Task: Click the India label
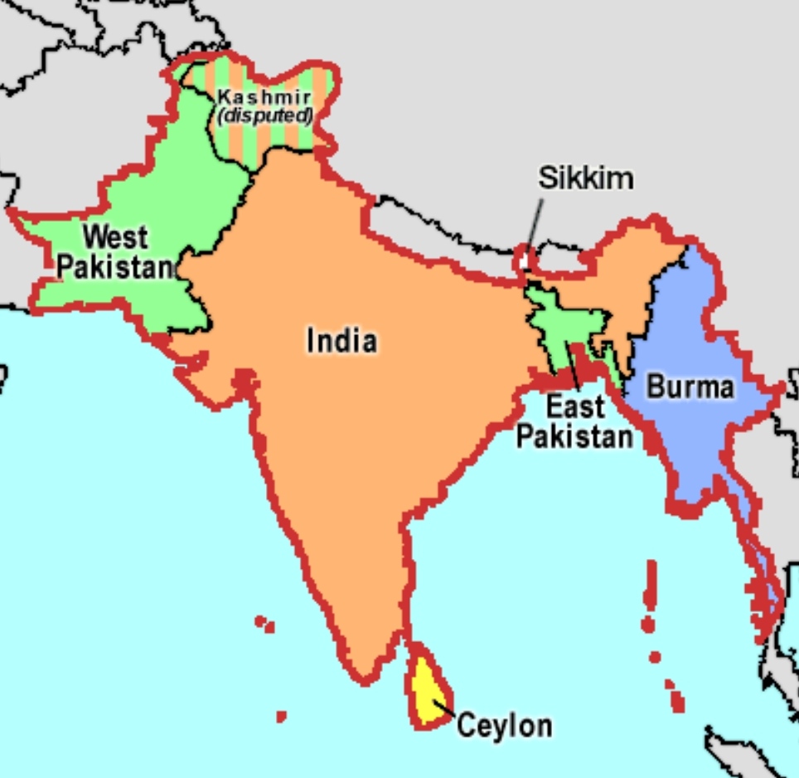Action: point(341,340)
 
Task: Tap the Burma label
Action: point(690,387)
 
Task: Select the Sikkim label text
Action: point(585,177)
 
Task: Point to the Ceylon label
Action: point(504,726)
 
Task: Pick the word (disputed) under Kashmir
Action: point(265,115)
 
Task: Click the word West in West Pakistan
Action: point(115,237)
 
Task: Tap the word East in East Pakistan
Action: point(575,407)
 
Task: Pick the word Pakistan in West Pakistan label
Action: point(115,267)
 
